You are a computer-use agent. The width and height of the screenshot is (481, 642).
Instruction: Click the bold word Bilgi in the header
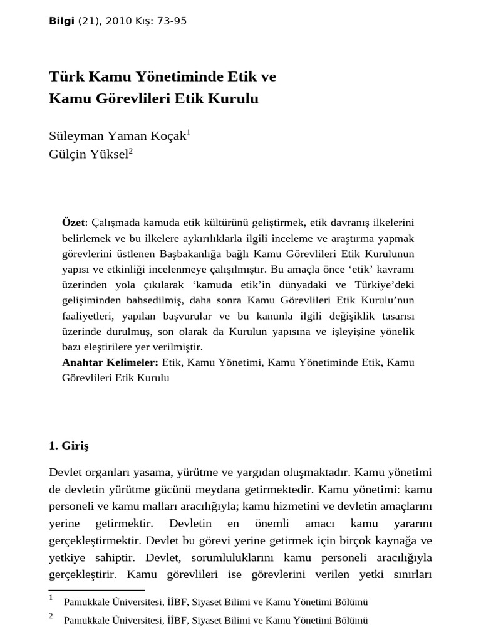click(x=60, y=21)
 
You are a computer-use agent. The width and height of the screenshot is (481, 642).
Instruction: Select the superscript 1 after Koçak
click(x=189, y=132)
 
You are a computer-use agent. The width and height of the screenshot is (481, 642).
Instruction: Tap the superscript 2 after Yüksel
click(x=131, y=150)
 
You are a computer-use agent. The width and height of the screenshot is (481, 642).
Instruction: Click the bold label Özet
click(x=75, y=223)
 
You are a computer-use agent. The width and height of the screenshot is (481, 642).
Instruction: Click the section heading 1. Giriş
click(x=69, y=446)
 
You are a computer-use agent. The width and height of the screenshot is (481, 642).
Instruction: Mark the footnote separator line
click(x=96, y=590)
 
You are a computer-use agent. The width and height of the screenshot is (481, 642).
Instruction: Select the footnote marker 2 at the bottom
click(x=51, y=616)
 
